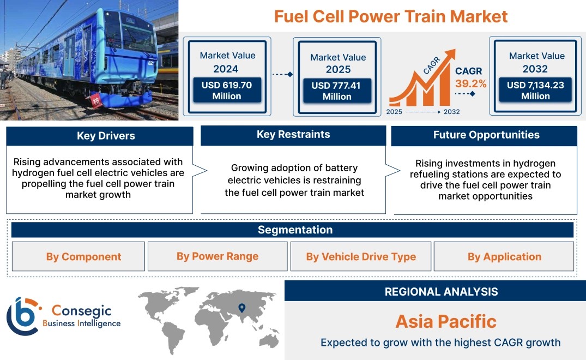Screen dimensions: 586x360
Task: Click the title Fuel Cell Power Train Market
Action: click(390, 16)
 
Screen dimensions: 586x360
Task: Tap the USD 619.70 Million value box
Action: click(227, 90)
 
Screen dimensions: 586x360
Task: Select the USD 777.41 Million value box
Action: click(337, 91)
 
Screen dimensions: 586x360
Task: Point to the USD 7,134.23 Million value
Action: click(535, 90)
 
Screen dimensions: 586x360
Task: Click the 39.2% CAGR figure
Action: click(470, 83)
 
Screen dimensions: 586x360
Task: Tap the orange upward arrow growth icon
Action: click(422, 78)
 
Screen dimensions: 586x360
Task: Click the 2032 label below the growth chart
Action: click(451, 112)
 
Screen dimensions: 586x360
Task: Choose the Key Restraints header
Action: click(293, 135)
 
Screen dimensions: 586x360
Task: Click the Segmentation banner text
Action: click(295, 230)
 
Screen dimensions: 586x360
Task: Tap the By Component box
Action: click(78, 256)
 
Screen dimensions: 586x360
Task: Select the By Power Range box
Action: click(218, 256)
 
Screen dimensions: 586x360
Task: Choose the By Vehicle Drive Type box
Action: click(361, 256)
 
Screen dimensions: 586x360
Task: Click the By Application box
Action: click(504, 256)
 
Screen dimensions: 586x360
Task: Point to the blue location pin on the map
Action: click(242, 308)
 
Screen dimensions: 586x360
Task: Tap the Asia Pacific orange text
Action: click(446, 321)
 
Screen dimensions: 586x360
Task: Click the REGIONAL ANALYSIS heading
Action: click(442, 292)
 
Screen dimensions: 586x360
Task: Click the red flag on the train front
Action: click(96, 101)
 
